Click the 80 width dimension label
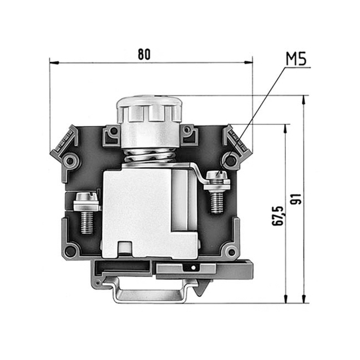pyautogui.click(x=144, y=54)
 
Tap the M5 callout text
pyautogui.click(x=296, y=59)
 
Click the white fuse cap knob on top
pyautogui.click(x=149, y=109)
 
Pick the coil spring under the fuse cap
pyautogui.click(x=149, y=156)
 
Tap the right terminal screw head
pyautogui.click(x=217, y=181)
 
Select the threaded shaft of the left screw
pyautogui.click(x=87, y=223)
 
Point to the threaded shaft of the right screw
pyautogui.click(x=217, y=202)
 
